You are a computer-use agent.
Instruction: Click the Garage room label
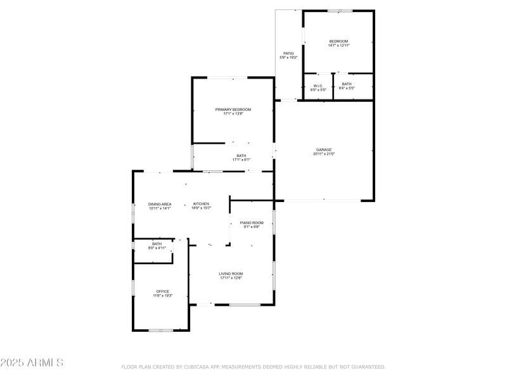click(324, 149)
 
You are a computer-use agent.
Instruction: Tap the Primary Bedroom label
click(229, 110)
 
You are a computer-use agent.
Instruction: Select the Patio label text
click(288, 53)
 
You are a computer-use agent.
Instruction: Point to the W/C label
click(318, 85)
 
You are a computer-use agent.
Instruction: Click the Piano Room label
click(252, 223)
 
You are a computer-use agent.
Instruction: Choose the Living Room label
click(231, 274)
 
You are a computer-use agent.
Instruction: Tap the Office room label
click(163, 291)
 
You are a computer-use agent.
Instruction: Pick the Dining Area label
click(160, 204)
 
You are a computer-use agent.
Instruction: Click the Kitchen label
click(202, 204)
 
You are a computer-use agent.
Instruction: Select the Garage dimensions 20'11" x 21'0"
click(324, 154)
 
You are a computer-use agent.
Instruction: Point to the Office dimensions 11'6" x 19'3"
click(163, 296)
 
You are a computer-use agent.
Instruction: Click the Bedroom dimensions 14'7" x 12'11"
click(338, 46)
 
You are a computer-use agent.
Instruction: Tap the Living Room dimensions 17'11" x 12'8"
click(231, 278)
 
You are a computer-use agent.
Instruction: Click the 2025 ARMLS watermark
click(32, 363)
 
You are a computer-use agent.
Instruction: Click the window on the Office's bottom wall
click(161, 330)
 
